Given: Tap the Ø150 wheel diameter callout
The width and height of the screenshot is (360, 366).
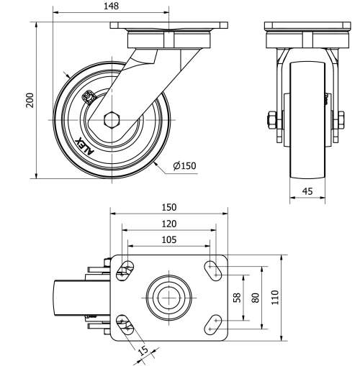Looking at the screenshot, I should click(184, 166).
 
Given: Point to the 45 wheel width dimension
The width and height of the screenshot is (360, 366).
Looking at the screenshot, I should click(306, 191).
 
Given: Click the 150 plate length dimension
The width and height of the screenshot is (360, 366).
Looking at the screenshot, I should click(168, 206).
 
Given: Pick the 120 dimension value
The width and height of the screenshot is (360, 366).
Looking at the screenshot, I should click(168, 224).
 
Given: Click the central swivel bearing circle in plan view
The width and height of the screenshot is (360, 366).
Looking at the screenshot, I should click(168, 296).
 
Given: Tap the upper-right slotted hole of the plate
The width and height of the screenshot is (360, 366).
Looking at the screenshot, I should click(213, 269).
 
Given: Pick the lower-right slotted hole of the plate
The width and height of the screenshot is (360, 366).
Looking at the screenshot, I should click(213, 323).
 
